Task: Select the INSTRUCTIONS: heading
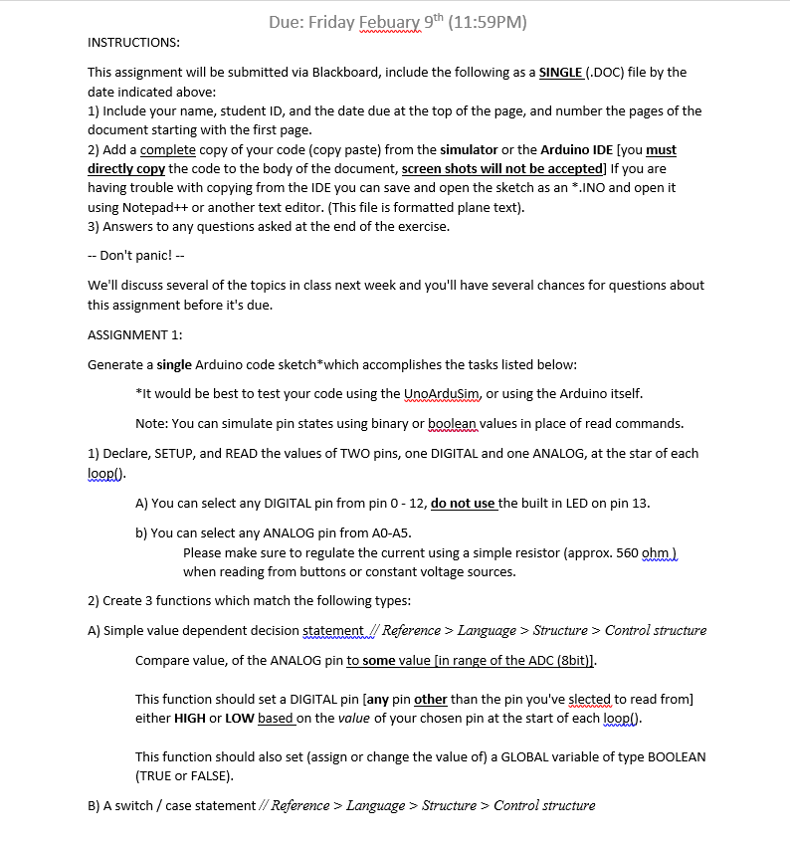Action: [x=133, y=42]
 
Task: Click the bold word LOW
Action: [x=239, y=718]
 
